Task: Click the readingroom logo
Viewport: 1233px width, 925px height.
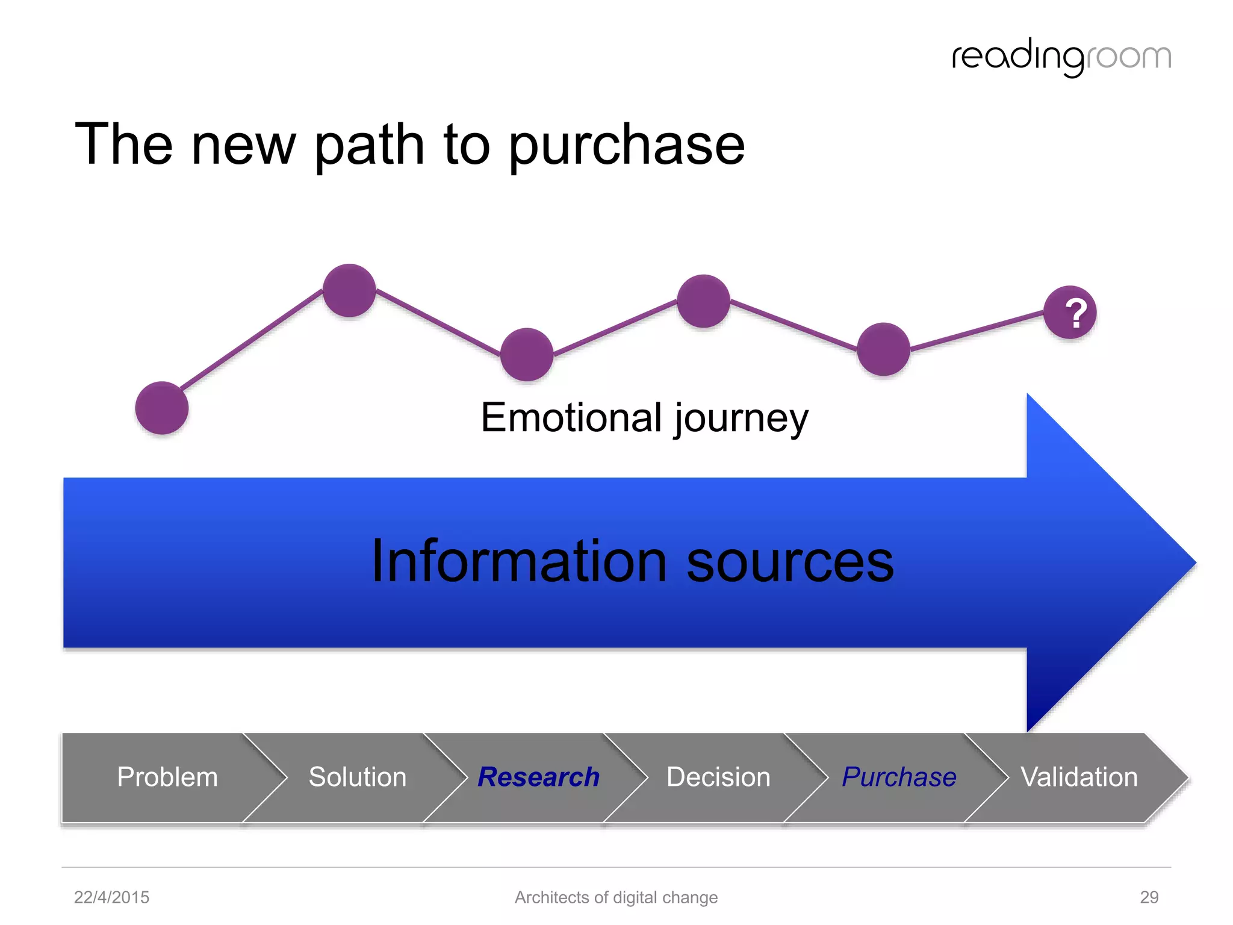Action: (x=1061, y=57)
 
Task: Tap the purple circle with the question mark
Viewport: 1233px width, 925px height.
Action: (x=1070, y=313)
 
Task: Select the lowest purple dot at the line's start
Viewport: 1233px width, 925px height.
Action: (x=162, y=408)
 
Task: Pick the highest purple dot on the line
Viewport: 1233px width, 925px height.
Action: (x=349, y=290)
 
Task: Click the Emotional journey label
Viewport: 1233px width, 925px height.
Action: (x=644, y=418)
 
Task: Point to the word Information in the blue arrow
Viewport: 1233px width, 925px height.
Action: (x=519, y=561)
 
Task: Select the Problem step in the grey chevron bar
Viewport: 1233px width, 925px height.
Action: (x=167, y=777)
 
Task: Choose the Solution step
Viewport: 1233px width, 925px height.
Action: (x=357, y=777)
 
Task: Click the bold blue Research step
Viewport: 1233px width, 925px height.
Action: (x=538, y=777)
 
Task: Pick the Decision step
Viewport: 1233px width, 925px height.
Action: (x=718, y=777)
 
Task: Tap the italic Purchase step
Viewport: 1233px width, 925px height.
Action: (x=899, y=777)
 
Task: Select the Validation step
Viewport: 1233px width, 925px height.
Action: (x=1079, y=777)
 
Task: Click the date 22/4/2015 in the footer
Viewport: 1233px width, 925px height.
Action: (x=111, y=897)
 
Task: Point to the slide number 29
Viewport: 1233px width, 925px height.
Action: (x=1149, y=897)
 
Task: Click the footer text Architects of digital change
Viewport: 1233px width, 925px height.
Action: (x=616, y=897)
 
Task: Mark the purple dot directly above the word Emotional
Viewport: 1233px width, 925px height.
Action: (x=527, y=354)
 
